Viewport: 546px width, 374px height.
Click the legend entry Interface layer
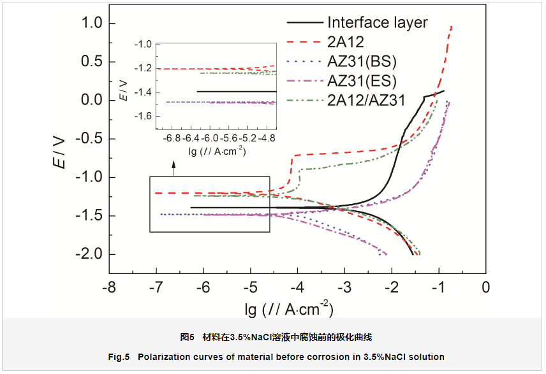(377, 23)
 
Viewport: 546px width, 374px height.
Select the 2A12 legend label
(346, 43)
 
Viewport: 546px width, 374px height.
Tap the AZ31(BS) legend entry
(362, 62)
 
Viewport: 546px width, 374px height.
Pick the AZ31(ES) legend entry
(362, 81)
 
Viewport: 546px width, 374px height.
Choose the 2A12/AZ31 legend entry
(366, 100)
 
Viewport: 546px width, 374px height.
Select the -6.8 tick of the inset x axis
(172, 138)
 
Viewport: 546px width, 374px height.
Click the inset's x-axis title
(218, 152)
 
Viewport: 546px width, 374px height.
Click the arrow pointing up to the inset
(173, 167)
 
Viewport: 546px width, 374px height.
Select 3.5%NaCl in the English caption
(385, 356)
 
